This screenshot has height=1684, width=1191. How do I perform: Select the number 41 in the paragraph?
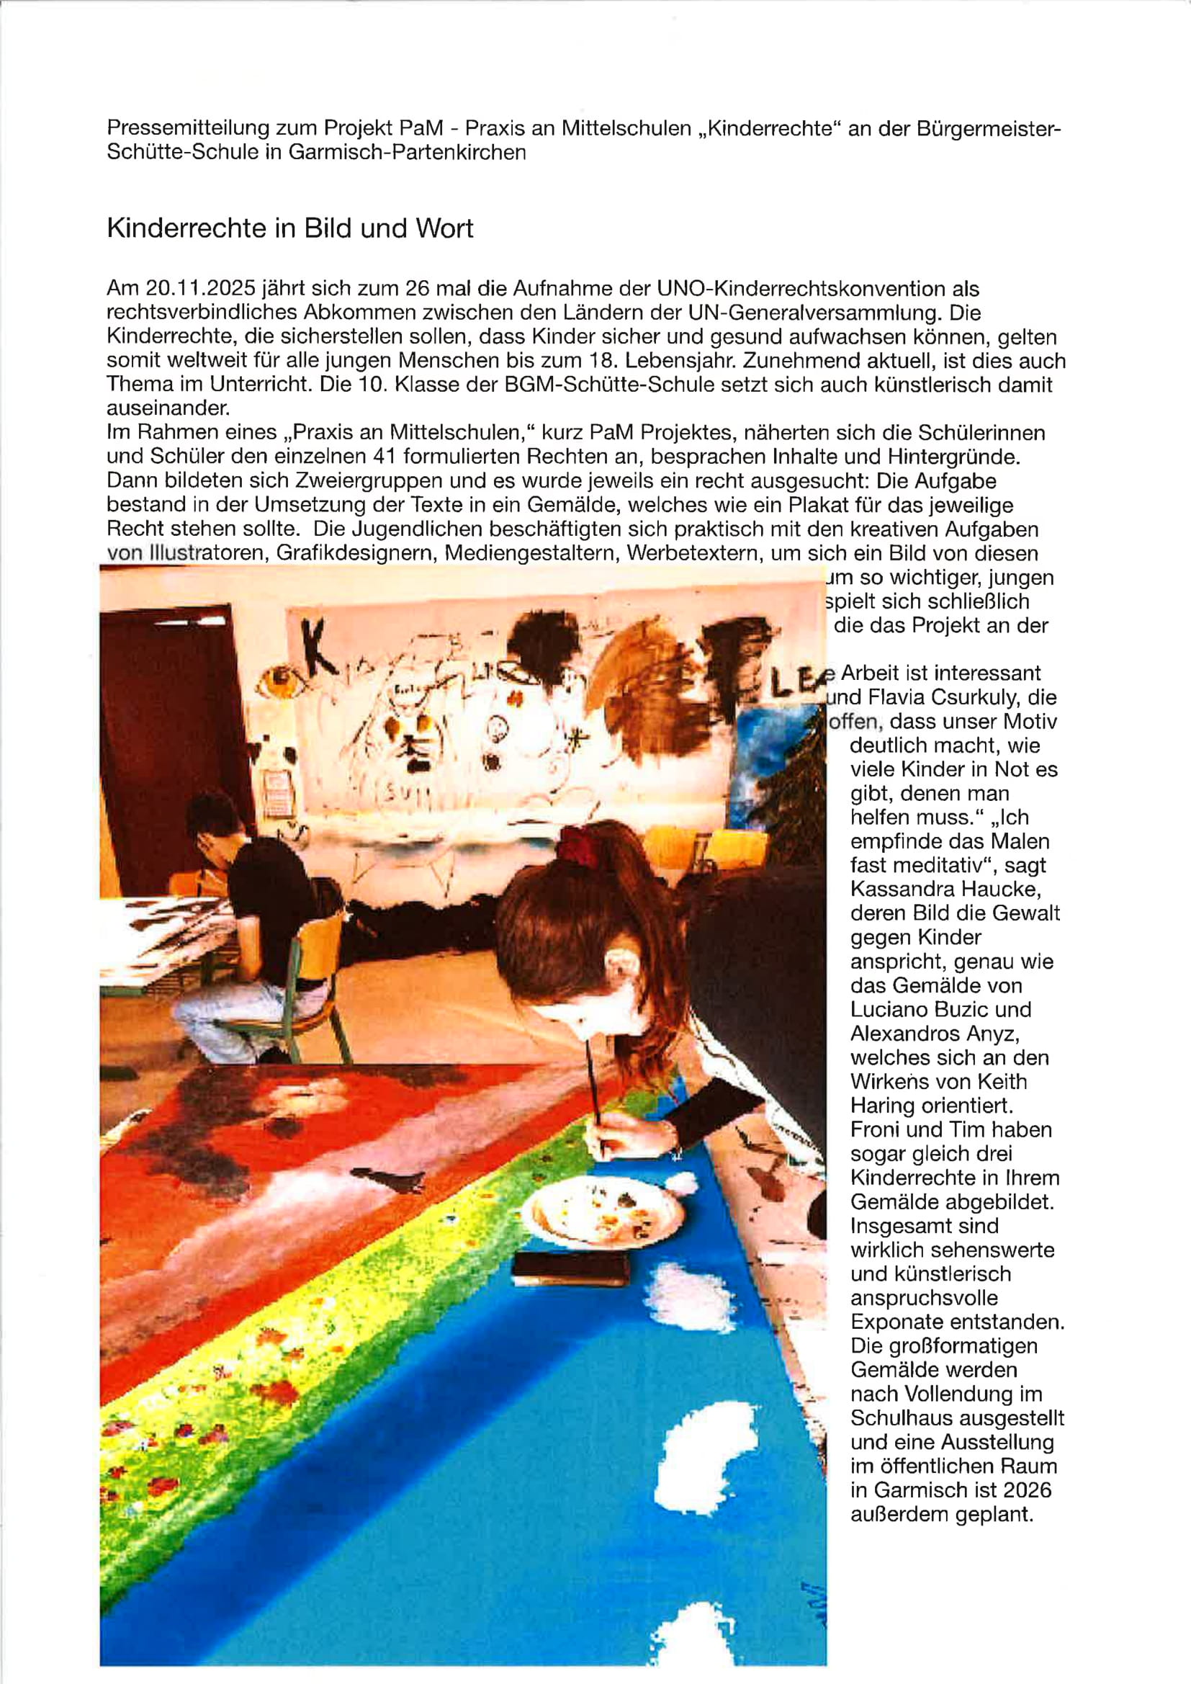coord(385,457)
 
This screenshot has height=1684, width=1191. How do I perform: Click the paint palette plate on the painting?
coord(595,1211)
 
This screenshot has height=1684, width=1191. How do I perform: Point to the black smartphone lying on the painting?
coord(570,1268)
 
